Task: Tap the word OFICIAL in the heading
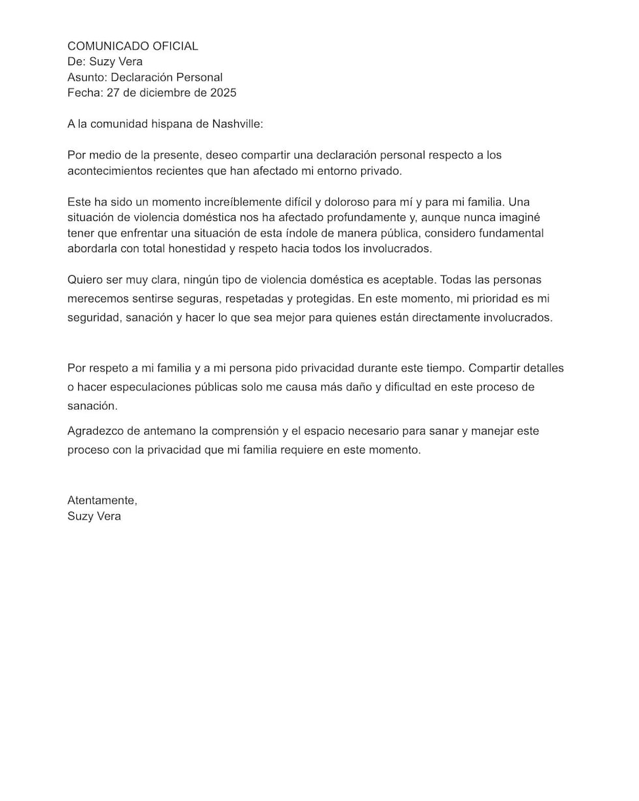[x=175, y=46]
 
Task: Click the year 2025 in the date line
[x=223, y=93]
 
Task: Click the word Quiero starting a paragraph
[x=85, y=280]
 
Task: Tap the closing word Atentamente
[x=102, y=501]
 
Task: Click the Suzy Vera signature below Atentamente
[x=95, y=516]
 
